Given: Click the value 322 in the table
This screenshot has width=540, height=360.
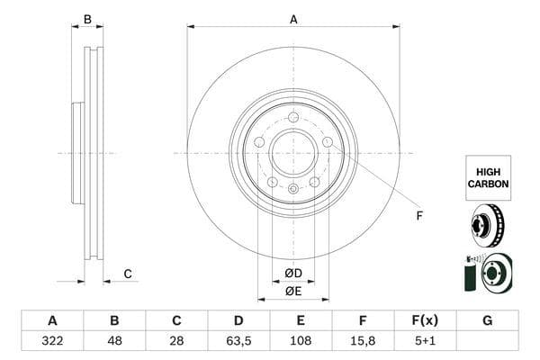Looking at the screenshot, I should tap(52, 341).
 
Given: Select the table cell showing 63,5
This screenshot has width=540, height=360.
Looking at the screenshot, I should tap(238, 341).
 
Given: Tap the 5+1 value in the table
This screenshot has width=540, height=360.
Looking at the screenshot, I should tap(426, 341).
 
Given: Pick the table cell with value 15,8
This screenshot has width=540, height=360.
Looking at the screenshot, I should tap(363, 341).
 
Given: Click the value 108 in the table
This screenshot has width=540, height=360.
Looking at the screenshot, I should tap(301, 341).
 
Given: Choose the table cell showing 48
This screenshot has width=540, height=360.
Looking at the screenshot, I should tap(114, 341).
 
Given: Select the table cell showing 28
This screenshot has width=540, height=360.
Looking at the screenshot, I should tap(176, 341).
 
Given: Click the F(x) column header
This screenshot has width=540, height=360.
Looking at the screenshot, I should tap(426, 320).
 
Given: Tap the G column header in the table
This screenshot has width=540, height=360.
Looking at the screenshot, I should tap(487, 320).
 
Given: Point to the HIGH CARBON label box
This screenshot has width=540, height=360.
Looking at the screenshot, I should tap(488, 176).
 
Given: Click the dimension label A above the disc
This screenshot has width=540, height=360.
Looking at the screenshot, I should tap(293, 19).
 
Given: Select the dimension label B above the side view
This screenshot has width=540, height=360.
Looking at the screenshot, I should tap(87, 19).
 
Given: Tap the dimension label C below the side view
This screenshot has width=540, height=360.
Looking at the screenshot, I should tap(128, 274).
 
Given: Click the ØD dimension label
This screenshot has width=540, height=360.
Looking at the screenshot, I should tap(293, 273).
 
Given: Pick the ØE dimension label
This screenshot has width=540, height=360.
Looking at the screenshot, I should tap(293, 291).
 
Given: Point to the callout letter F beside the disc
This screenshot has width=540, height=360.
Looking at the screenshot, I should tap(418, 215).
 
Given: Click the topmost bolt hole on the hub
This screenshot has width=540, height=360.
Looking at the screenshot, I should tap(293, 117).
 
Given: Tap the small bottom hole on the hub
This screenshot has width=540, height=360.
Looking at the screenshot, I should tap(293, 188).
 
